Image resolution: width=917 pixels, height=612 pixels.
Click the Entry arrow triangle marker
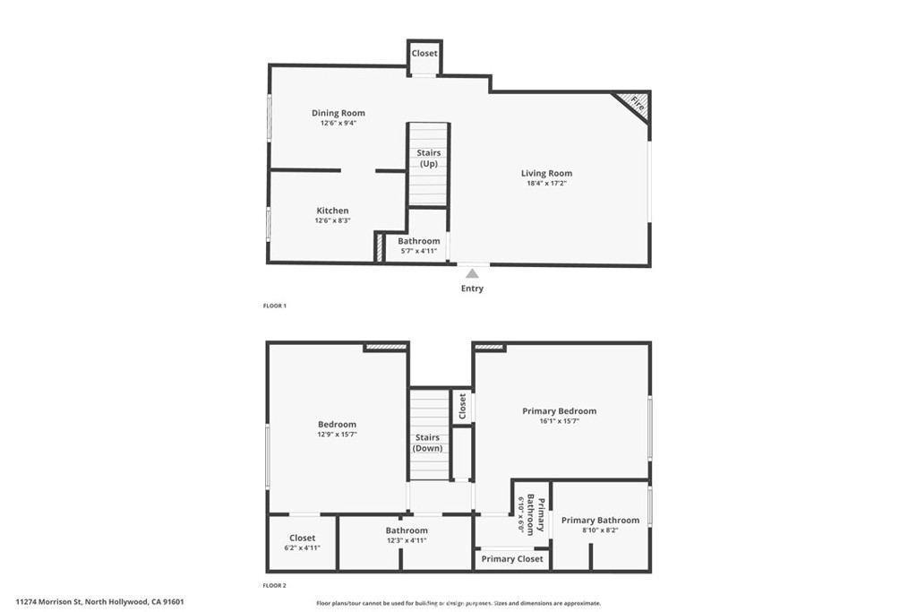point(472,272)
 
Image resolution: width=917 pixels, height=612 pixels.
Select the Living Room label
point(546,173)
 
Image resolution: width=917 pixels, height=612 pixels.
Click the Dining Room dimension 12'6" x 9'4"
point(339,123)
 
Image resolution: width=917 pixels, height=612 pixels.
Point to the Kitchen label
point(332,211)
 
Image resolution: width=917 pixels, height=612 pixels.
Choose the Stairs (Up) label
point(429,158)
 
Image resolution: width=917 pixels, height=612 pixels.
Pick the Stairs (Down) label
point(428,443)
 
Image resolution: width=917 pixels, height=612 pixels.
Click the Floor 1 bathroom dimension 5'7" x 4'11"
point(419,251)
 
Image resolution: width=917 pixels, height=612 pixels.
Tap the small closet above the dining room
point(424,54)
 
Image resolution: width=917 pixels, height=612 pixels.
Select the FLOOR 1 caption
point(274,306)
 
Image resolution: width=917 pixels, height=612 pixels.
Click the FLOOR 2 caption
point(274,585)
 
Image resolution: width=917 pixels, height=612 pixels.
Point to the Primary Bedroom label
point(559,411)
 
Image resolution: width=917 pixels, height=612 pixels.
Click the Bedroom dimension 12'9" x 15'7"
point(337,435)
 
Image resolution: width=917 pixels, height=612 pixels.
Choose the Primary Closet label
point(511,559)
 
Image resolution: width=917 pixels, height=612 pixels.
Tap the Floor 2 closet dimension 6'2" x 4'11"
point(302,547)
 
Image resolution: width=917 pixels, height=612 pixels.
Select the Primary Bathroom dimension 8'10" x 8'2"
point(600,530)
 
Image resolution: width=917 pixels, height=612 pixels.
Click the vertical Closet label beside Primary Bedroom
point(462,407)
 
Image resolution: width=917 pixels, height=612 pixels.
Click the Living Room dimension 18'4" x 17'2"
point(546,183)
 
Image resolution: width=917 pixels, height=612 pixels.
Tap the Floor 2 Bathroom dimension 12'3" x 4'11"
point(407,540)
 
